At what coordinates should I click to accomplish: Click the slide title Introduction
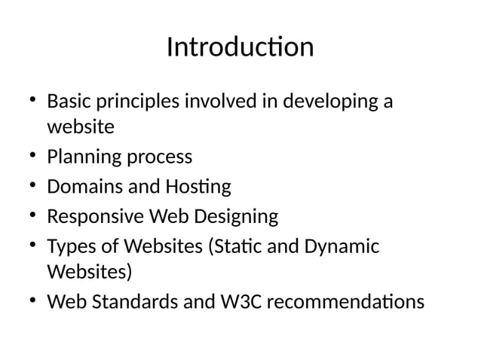click(x=240, y=47)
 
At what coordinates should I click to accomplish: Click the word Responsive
click(x=97, y=218)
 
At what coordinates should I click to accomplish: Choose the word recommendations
click(x=346, y=301)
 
